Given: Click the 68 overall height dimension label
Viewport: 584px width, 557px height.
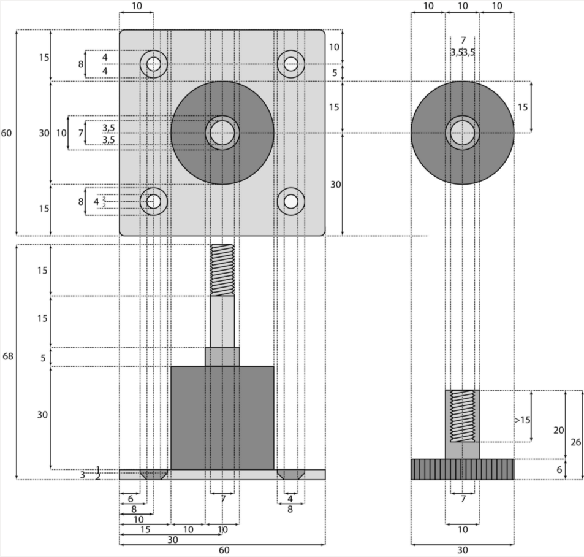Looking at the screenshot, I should (x=8, y=356).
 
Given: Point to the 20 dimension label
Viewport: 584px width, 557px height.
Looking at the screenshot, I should (x=558, y=430).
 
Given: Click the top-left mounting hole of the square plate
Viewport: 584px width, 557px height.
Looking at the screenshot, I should (x=154, y=64).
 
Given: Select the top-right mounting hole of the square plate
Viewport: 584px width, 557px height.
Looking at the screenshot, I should (x=291, y=64).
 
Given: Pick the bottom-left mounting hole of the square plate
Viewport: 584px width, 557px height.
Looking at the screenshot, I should (x=154, y=201).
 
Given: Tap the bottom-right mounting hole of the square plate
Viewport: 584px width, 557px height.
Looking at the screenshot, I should (x=291, y=201).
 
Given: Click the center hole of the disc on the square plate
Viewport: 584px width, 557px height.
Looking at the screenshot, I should (x=222, y=133).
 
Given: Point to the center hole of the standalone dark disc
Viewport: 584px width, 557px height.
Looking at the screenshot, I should (x=463, y=133).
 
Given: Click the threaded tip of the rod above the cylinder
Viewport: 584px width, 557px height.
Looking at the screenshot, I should (x=222, y=270).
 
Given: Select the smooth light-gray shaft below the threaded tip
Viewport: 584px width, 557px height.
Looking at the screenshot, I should (x=222, y=322).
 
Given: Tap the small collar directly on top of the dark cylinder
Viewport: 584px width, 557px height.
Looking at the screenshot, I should (x=222, y=357).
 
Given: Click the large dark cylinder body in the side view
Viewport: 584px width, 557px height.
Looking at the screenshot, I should (x=222, y=417).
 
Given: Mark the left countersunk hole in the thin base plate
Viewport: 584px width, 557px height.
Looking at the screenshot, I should (x=154, y=475).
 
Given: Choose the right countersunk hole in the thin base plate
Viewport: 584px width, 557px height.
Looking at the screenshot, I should (x=291, y=475).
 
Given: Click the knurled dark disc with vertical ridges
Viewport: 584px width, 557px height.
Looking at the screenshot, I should (x=463, y=469).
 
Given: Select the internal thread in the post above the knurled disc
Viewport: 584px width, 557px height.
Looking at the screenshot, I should (x=463, y=416).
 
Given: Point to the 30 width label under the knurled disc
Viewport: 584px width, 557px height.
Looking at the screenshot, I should (x=463, y=550).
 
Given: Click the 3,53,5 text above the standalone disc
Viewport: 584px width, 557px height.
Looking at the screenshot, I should (x=463, y=52).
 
